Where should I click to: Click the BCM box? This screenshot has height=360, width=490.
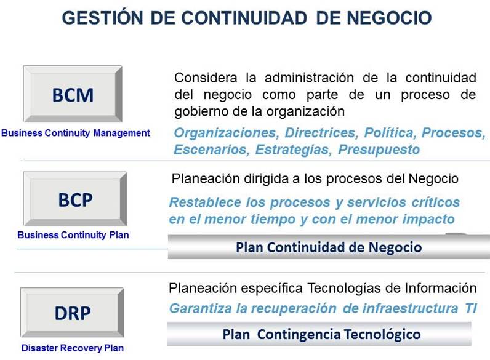[x=73, y=95]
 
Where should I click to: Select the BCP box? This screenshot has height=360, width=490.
[x=74, y=199]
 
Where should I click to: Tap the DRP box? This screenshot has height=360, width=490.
[x=73, y=313]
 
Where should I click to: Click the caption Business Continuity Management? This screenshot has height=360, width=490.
[x=76, y=132]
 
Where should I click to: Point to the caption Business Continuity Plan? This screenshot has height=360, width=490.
[x=73, y=235]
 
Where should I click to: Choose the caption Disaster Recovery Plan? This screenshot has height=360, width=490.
[x=73, y=348]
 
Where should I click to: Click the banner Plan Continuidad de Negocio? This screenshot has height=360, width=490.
[x=329, y=247]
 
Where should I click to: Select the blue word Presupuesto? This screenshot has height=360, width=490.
[x=380, y=150]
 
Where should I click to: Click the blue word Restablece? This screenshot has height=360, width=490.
[x=205, y=202]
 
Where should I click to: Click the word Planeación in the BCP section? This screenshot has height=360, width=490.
[x=203, y=178]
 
